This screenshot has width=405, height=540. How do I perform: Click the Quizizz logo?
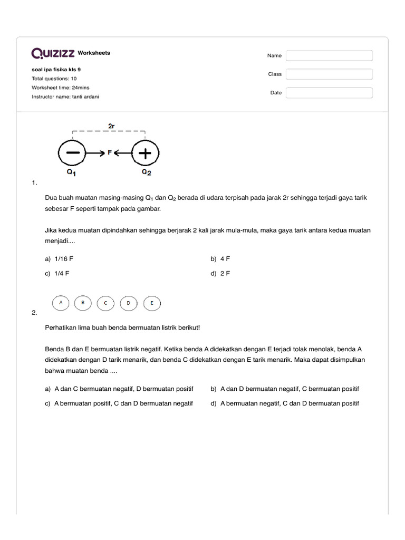(x=53, y=53)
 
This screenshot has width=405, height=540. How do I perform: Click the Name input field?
(x=329, y=55)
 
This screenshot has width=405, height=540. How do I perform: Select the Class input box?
(x=329, y=74)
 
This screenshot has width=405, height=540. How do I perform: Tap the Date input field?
(x=329, y=93)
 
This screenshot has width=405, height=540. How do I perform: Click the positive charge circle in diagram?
(x=144, y=153)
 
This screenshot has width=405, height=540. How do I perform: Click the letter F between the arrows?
(x=110, y=153)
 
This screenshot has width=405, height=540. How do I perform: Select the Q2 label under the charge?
(x=146, y=172)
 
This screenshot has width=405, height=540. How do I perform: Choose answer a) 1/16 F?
(x=63, y=259)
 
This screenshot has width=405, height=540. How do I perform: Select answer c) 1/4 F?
(x=61, y=274)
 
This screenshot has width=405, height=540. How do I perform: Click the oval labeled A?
(x=61, y=303)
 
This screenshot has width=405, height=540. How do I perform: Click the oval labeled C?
(x=105, y=303)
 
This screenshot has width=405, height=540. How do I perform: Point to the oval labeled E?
(x=152, y=303)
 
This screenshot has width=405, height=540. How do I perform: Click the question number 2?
(x=34, y=313)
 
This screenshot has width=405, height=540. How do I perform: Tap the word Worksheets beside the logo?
(x=94, y=53)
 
